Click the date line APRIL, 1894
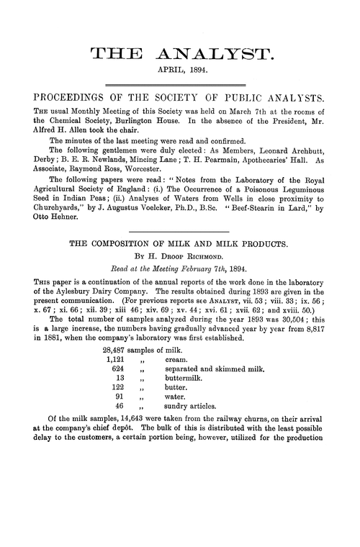pos(180,70)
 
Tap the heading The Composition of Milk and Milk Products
pos(180,243)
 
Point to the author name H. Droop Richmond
pos(180,256)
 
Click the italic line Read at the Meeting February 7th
pos(180,268)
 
